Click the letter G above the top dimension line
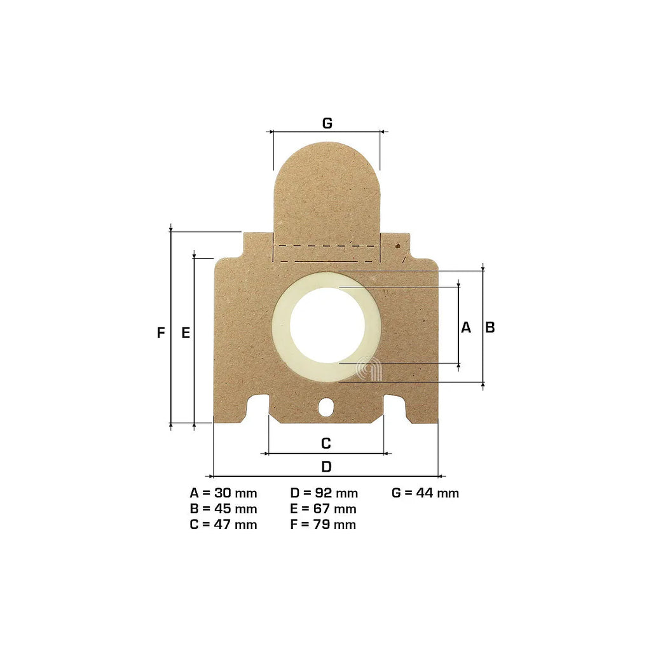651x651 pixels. coord(327,123)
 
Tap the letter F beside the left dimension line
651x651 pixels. coord(161,332)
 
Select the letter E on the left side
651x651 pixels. coord(186,332)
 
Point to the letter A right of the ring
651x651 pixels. coord(466,327)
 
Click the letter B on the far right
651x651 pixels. coord(490,327)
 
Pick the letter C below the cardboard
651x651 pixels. coord(326,443)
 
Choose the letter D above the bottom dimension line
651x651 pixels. coord(326,467)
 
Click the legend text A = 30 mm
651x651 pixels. coord(223,493)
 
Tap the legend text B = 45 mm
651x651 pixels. coord(223,509)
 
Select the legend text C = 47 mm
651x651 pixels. coord(223,524)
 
